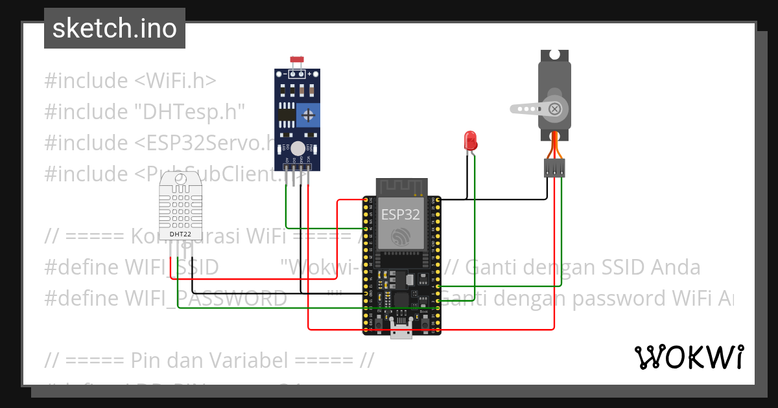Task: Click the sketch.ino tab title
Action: tap(114, 28)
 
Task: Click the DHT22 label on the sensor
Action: tap(180, 234)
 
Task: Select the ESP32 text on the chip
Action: tap(400, 214)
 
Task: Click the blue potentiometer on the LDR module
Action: tap(309, 116)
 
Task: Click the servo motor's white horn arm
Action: tap(528, 109)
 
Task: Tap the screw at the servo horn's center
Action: tap(554, 109)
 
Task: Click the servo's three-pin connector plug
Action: tap(553, 168)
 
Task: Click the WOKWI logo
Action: tap(689, 357)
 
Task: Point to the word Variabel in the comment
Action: tap(263, 360)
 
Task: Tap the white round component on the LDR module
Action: tap(298, 148)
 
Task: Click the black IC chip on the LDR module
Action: tap(285, 115)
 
